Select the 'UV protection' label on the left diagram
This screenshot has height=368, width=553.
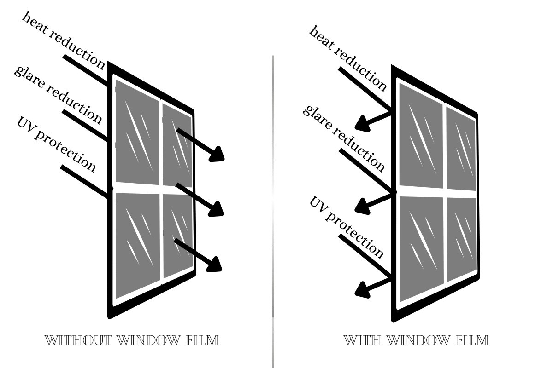point(56,144)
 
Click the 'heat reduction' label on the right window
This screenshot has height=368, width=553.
point(348,58)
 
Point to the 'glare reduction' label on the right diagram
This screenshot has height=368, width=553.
point(343,138)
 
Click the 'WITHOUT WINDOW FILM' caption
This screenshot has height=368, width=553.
point(131,340)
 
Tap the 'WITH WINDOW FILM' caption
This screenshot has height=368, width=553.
point(416,340)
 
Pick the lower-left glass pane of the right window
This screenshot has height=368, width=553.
point(420,248)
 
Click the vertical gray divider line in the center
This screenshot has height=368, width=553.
point(273,207)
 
